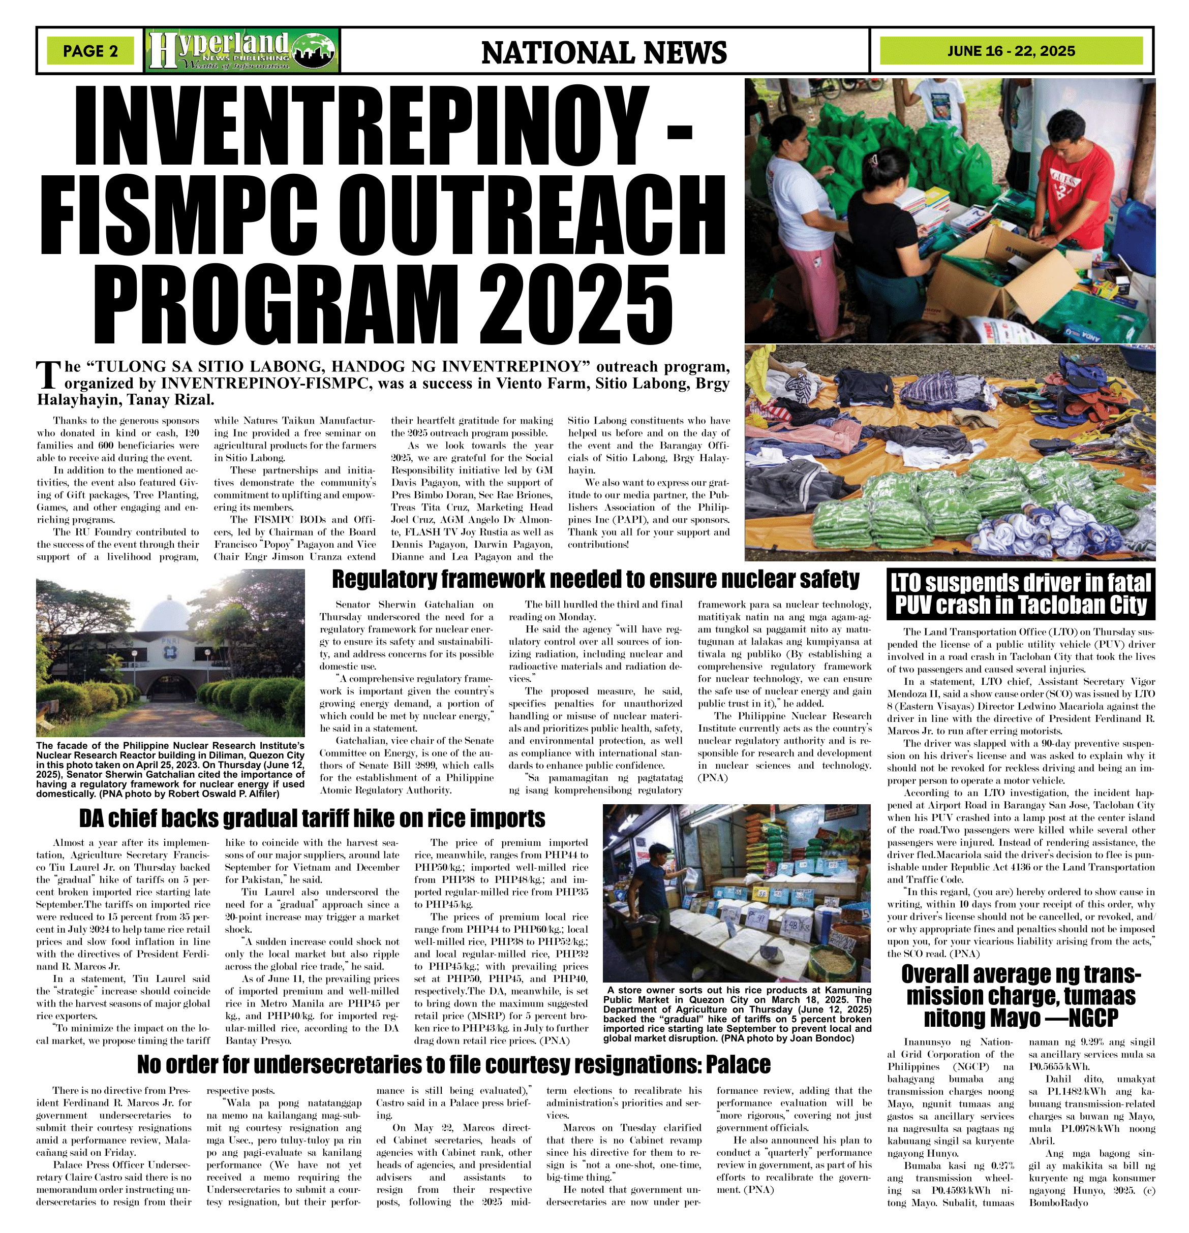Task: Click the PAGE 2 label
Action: (x=90, y=51)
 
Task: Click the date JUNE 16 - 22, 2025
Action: (x=1011, y=51)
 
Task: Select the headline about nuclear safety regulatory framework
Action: (x=595, y=578)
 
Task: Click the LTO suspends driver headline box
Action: (x=1021, y=593)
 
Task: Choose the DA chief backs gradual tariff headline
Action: (x=312, y=818)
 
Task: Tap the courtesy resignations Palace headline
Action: (x=453, y=1064)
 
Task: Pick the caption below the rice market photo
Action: (x=737, y=1016)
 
